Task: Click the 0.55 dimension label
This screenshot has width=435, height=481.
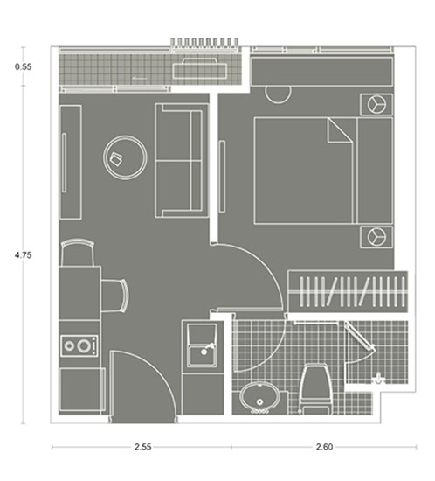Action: pos(24,66)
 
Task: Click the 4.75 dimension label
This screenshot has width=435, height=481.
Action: pos(24,254)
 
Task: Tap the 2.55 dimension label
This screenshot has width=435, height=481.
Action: pos(142,447)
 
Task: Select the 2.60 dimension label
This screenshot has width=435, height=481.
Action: pos(324,447)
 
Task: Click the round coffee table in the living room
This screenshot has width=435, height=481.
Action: pos(125,157)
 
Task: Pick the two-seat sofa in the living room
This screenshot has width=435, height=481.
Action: pos(182,160)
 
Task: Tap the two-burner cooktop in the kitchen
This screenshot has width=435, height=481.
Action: pos(79,346)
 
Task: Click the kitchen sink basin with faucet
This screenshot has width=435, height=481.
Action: pos(203,345)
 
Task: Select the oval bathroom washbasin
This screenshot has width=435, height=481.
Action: pos(259,397)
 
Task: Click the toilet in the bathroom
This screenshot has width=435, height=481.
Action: pos(316,389)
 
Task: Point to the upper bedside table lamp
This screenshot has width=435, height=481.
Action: pos(376,104)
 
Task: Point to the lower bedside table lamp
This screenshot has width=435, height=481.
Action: pos(376,237)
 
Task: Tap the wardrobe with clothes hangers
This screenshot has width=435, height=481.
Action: pos(348,291)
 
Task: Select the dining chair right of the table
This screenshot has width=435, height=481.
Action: pos(115,296)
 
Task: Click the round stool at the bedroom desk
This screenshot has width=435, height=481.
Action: pos(278,94)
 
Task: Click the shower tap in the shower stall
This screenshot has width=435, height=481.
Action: pos(378,379)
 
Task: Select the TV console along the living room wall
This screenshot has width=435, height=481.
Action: pos(71,162)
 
